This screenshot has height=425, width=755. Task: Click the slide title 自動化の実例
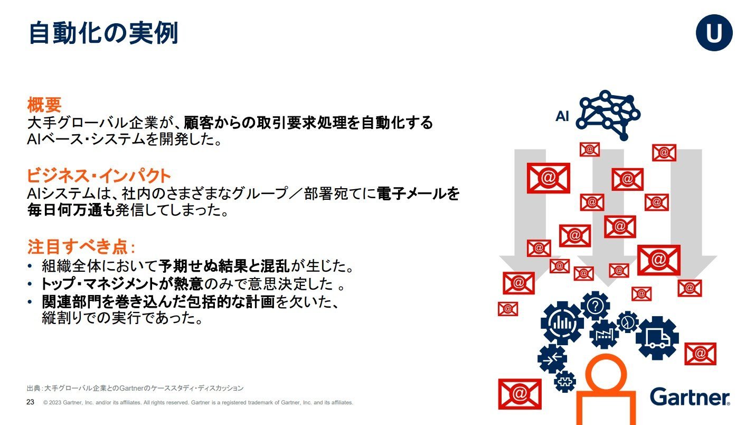click(x=103, y=33)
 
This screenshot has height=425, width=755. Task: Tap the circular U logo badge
click(x=714, y=33)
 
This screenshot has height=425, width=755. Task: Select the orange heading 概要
click(x=44, y=105)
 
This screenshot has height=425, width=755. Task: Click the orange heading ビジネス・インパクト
click(x=99, y=176)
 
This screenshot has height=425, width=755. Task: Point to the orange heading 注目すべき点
click(x=81, y=247)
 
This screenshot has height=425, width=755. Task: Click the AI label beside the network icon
click(x=562, y=116)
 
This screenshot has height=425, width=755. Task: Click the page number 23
click(x=30, y=402)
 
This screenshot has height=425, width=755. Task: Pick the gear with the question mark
click(x=595, y=306)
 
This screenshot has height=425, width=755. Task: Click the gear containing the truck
click(x=657, y=338)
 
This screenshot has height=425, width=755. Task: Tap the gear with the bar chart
click(x=562, y=323)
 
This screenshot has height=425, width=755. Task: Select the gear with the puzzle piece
click(x=564, y=382)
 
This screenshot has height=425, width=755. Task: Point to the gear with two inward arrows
click(x=552, y=358)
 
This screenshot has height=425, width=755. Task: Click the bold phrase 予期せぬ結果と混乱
click(x=224, y=266)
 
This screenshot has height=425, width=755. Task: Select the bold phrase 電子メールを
click(x=418, y=194)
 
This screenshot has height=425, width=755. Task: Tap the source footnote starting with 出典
click(x=135, y=388)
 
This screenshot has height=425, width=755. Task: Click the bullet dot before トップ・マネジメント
click(x=30, y=284)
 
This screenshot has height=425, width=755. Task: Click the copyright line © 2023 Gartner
click(x=198, y=402)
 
